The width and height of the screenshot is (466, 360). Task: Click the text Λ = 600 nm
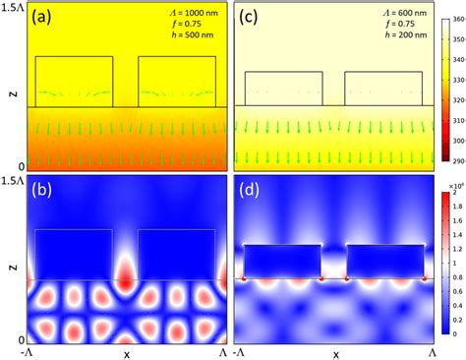400,12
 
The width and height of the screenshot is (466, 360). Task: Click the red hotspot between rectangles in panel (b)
126,277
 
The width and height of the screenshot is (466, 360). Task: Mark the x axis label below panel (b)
126,352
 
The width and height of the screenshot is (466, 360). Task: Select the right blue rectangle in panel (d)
384,261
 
